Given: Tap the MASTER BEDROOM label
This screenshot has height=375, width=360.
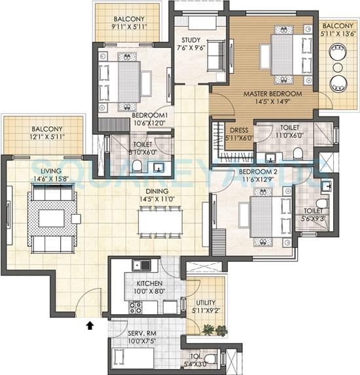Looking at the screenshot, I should [272, 94].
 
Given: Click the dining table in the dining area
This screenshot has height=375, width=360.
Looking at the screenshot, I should [159, 221].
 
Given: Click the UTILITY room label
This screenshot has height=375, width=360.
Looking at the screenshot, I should [205, 303].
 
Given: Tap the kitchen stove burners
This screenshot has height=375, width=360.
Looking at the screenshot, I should [137, 306].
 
